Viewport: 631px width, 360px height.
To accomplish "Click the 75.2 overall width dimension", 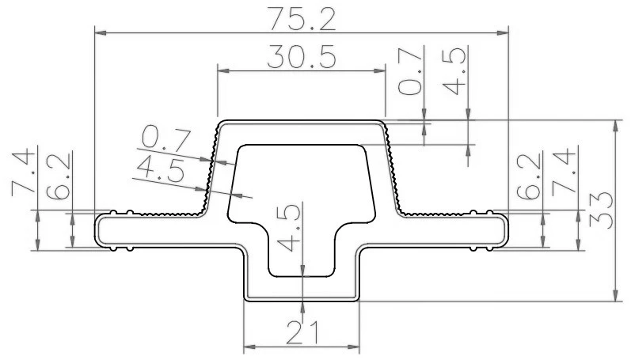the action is click(x=302, y=18).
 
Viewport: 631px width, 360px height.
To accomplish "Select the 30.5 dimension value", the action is click(x=302, y=56).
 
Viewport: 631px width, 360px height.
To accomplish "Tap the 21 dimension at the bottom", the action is click(x=302, y=332).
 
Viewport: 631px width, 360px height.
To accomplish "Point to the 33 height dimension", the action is click(x=601, y=210).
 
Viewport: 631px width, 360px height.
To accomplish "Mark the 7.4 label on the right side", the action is click(x=564, y=172).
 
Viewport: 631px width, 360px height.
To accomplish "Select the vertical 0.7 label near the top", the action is click(x=410, y=70).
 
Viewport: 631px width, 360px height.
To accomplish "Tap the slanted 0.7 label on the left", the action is click(x=165, y=139).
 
